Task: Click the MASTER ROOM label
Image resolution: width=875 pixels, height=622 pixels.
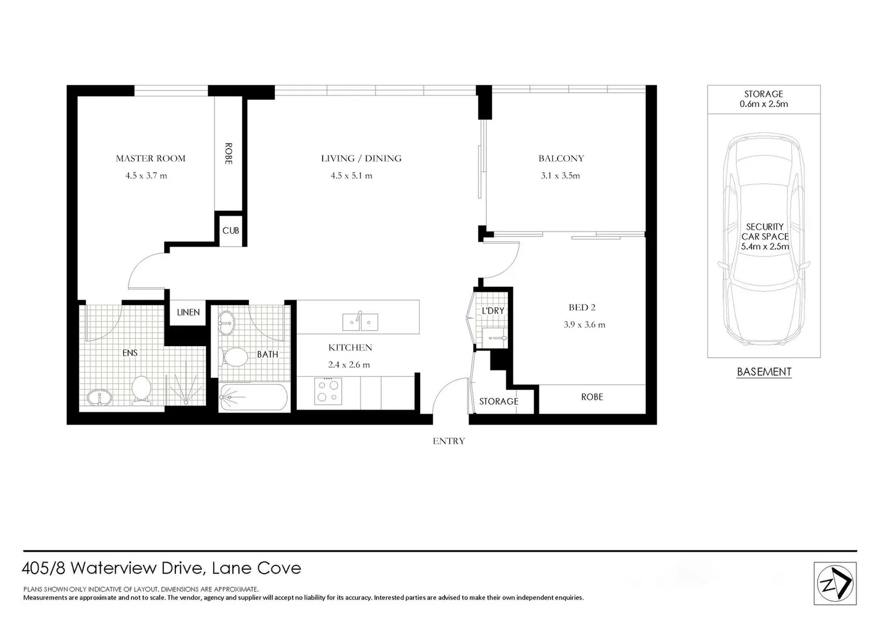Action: click(x=150, y=158)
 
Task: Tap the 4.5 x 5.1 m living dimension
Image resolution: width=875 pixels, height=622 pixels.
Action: click(x=351, y=176)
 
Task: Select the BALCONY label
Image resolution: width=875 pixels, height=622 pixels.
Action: click(x=561, y=158)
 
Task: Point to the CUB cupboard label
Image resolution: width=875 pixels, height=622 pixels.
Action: click(x=231, y=230)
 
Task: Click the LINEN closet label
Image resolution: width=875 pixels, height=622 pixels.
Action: click(x=188, y=312)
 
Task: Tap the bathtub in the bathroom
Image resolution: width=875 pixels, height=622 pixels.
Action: click(x=253, y=397)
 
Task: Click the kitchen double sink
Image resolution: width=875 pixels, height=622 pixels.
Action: click(x=360, y=321)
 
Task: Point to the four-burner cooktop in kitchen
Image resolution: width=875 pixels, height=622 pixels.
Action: click(x=328, y=390)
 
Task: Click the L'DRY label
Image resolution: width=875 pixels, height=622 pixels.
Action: click(x=493, y=311)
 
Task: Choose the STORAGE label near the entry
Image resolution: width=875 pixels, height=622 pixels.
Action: click(x=499, y=401)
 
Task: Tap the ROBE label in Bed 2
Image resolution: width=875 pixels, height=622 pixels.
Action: click(x=592, y=397)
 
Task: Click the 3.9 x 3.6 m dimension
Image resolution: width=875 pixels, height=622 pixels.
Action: click(x=584, y=325)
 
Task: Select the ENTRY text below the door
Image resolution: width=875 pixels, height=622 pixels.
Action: click(x=448, y=441)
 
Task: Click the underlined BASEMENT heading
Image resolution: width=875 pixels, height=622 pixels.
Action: click(x=764, y=372)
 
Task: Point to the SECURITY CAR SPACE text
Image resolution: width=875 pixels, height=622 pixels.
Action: click(x=764, y=236)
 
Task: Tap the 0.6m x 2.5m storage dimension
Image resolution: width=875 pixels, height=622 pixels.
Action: click(x=763, y=104)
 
